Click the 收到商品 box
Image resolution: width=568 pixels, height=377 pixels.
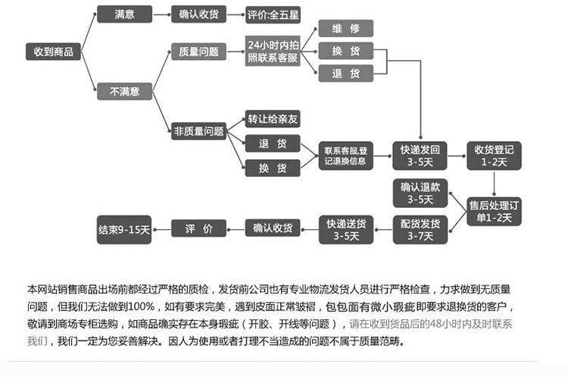(53, 52)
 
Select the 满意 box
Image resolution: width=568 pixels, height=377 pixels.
(125, 14)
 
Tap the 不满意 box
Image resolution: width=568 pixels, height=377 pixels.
(125, 91)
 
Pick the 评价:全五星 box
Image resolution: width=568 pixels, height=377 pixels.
(273, 14)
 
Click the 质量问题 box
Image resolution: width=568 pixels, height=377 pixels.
(199, 52)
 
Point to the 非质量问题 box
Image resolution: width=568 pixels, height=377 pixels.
(199, 131)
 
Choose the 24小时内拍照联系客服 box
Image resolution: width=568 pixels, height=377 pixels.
(273, 52)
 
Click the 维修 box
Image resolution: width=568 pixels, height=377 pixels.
(345, 29)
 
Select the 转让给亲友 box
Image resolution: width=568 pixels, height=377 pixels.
(273, 119)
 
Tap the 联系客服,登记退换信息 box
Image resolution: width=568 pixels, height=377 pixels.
(345, 155)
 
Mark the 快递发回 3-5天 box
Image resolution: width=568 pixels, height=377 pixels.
(420, 155)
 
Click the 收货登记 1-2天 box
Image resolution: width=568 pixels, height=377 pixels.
(494, 155)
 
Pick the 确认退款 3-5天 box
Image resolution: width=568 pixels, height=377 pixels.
(420, 193)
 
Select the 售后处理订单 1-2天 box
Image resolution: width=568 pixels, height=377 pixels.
(494, 211)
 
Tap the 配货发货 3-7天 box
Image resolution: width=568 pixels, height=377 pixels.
(420, 229)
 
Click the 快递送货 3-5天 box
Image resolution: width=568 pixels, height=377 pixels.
(345, 229)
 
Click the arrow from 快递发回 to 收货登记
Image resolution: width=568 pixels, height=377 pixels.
(457, 155)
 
